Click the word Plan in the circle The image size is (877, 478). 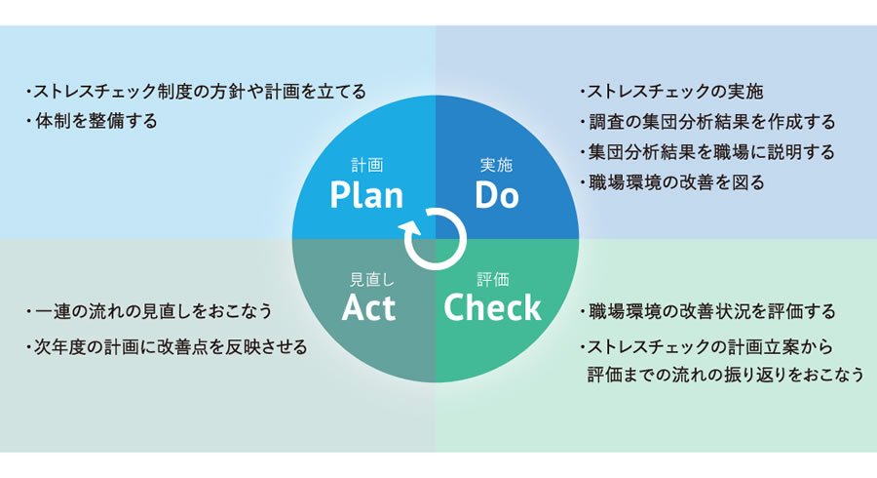[x=366, y=195]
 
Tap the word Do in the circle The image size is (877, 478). [x=497, y=195]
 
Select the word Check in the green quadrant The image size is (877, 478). [x=492, y=308]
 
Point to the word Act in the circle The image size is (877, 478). [x=368, y=308]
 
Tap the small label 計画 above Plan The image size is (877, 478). [x=367, y=165]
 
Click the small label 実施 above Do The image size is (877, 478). [x=497, y=165]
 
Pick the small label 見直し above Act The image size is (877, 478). [x=369, y=279]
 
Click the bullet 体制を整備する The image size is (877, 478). [x=92, y=121]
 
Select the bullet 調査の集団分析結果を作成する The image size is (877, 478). [x=706, y=122]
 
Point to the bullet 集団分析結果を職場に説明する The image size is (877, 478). [x=706, y=152]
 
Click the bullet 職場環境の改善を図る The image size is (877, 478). [x=670, y=181]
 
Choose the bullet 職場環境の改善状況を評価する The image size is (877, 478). [x=706, y=312]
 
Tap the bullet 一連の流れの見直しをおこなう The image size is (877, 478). [x=147, y=312]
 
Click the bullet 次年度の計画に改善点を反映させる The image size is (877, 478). [x=166, y=347]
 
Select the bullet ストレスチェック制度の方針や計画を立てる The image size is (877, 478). [x=195, y=92]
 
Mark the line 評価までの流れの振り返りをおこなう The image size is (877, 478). [x=725, y=375]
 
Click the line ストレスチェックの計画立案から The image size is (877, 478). [x=707, y=347]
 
